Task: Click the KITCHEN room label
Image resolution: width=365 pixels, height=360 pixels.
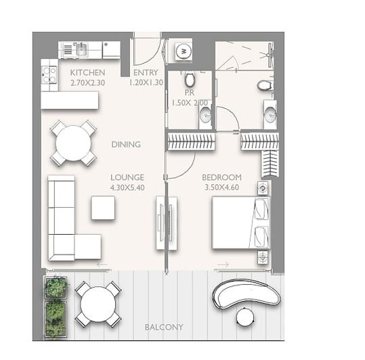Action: pyautogui.click(x=87, y=72)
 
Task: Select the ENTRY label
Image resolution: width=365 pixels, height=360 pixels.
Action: pyautogui.click(x=146, y=72)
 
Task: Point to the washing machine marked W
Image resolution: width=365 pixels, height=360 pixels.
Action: pyautogui.click(x=184, y=51)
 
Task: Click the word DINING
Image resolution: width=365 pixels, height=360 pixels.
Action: pyautogui.click(x=126, y=144)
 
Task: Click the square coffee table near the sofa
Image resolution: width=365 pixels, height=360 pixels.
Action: pyautogui.click(x=103, y=208)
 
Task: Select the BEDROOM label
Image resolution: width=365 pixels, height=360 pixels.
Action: pyautogui.click(x=221, y=177)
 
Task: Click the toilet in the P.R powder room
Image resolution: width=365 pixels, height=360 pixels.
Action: pyautogui.click(x=189, y=79)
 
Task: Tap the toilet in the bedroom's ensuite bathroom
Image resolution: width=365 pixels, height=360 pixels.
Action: pyautogui.click(x=265, y=85)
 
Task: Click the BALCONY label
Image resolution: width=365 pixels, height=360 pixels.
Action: pyautogui.click(x=163, y=328)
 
